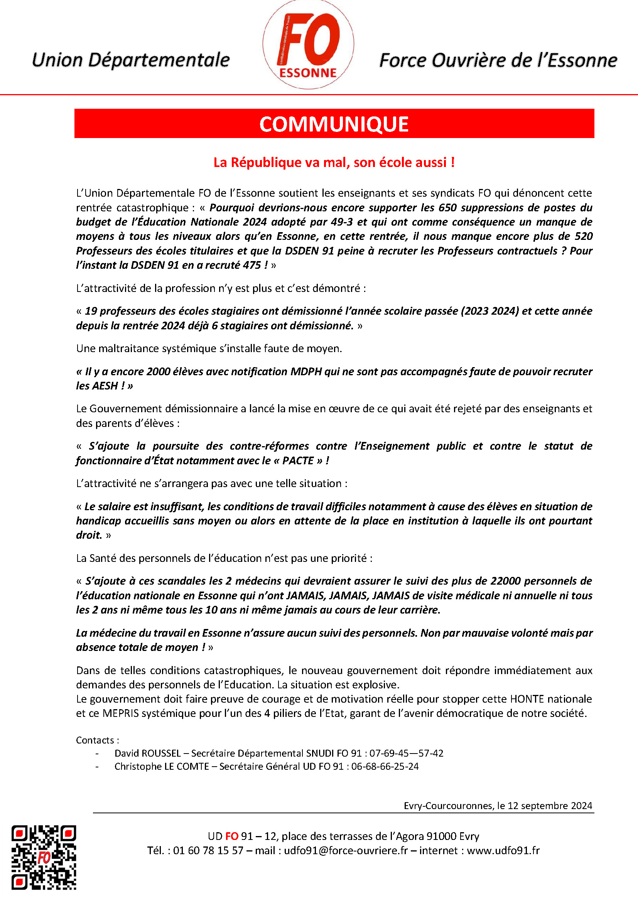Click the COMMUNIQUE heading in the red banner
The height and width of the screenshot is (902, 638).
coord(334,124)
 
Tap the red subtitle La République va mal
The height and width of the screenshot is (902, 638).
coord(334,162)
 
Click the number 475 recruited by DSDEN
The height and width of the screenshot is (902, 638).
coord(252,265)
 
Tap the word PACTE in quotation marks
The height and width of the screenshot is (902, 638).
coord(298,460)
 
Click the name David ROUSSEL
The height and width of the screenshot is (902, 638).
coord(147,753)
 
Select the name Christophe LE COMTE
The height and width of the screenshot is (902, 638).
coord(162,766)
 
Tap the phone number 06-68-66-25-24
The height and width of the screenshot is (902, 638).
coord(385,766)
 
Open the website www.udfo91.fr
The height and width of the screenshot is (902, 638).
coord(503,851)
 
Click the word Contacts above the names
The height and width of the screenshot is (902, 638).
coord(95,740)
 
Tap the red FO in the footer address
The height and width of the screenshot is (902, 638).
coord(232,836)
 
